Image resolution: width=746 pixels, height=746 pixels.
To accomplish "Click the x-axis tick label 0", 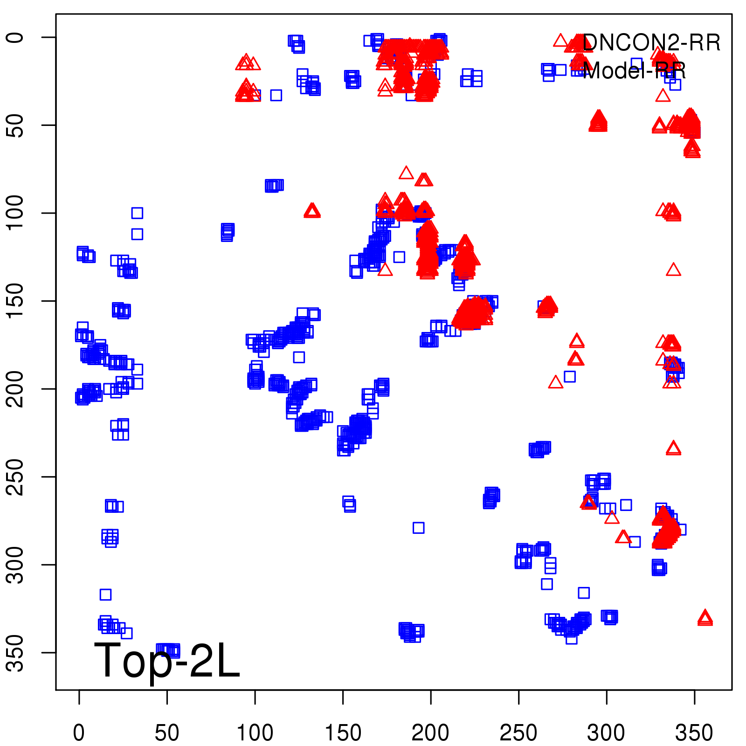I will pos(79,733).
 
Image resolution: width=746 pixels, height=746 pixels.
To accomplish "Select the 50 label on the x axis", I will pos(167,733).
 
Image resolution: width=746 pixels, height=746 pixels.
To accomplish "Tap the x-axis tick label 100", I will pos(255,733).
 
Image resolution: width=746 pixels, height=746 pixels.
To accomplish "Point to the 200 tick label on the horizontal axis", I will pos(430,733).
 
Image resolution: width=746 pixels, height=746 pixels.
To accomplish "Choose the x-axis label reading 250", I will pos(518,733).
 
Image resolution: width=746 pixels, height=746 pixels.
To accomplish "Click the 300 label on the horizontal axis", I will pos(606,733).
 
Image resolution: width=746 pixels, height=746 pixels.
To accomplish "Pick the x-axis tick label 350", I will pos(694,733).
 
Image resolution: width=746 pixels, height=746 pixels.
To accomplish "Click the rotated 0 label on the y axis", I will pos(16,37).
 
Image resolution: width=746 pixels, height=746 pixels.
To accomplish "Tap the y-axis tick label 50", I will pos(16,125).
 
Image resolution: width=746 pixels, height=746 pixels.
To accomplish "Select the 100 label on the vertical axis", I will pos(16,213).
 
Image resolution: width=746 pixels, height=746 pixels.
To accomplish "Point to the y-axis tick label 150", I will pos(16,301).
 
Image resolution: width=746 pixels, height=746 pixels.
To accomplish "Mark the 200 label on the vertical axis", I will pos(16,389).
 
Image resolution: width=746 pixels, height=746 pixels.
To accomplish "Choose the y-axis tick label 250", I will pos(16,477).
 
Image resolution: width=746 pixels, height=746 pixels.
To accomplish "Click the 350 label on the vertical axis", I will pos(16,652).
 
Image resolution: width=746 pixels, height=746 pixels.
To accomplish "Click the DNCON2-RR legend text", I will pos(651,43).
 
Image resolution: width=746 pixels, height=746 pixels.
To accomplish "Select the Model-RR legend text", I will pos(634,71).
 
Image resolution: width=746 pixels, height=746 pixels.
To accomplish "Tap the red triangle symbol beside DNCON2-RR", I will pos(561,41).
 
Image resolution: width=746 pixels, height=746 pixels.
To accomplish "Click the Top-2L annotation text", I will pos(167,660).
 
